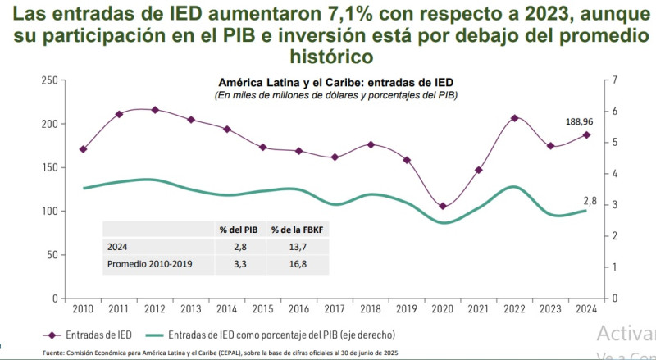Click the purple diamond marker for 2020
click(x=443, y=207)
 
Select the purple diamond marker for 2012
click(x=155, y=110)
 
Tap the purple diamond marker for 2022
click(x=514, y=118)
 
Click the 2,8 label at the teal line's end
click(x=590, y=201)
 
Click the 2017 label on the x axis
click(x=335, y=309)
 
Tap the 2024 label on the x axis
click(x=585, y=309)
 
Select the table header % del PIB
click(x=239, y=229)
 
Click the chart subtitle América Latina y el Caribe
click(x=335, y=84)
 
